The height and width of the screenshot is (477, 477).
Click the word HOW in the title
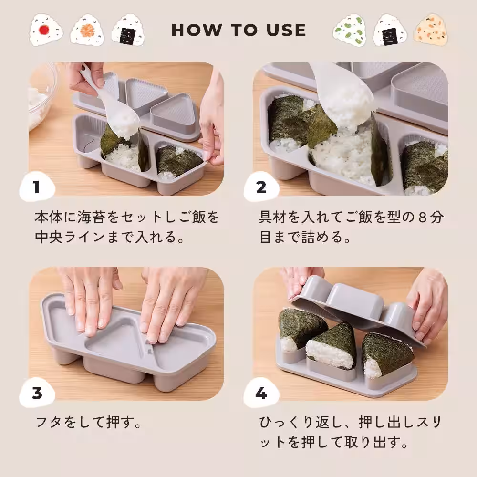[x=197, y=30]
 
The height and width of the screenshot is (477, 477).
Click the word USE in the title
[x=286, y=30]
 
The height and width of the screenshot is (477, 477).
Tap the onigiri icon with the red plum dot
[x=46, y=30]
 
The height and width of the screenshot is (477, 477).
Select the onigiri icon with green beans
[x=350, y=30]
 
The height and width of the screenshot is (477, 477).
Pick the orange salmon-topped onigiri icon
[x=87, y=30]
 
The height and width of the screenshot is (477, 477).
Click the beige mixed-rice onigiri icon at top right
[x=431, y=29]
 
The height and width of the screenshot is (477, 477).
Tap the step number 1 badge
[x=37, y=187]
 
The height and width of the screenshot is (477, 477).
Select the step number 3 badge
[x=37, y=393]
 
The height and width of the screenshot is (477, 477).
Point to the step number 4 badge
[x=261, y=394]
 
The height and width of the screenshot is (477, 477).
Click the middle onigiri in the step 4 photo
[x=332, y=348]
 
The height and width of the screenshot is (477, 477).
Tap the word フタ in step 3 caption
[x=48, y=423]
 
